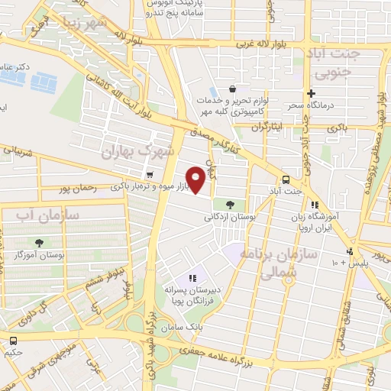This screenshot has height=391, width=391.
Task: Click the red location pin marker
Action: click(196, 181)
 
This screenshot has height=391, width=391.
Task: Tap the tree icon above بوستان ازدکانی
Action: click(229, 204)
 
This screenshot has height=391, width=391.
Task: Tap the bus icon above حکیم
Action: click(14, 341)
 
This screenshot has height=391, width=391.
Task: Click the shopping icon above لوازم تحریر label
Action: click(242, 89)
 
